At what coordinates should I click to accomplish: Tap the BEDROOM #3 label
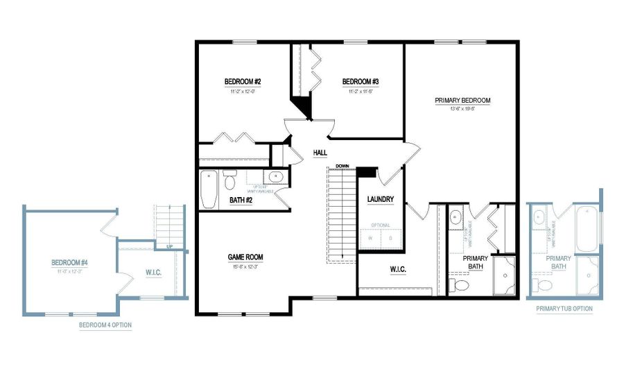click(361, 81)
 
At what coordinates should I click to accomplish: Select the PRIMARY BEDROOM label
click(462, 101)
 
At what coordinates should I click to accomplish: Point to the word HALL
click(320, 153)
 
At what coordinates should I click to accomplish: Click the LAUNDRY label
click(381, 200)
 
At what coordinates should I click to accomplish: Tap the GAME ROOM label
click(245, 257)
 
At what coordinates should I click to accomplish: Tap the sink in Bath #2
click(274, 177)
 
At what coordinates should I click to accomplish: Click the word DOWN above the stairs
click(342, 167)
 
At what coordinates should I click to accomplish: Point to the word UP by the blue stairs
click(169, 246)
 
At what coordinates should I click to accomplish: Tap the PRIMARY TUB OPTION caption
click(564, 309)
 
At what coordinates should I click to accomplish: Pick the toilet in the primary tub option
click(545, 284)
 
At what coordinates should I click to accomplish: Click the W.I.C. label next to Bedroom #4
click(154, 272)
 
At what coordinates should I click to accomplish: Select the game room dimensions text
click(245, 266)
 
